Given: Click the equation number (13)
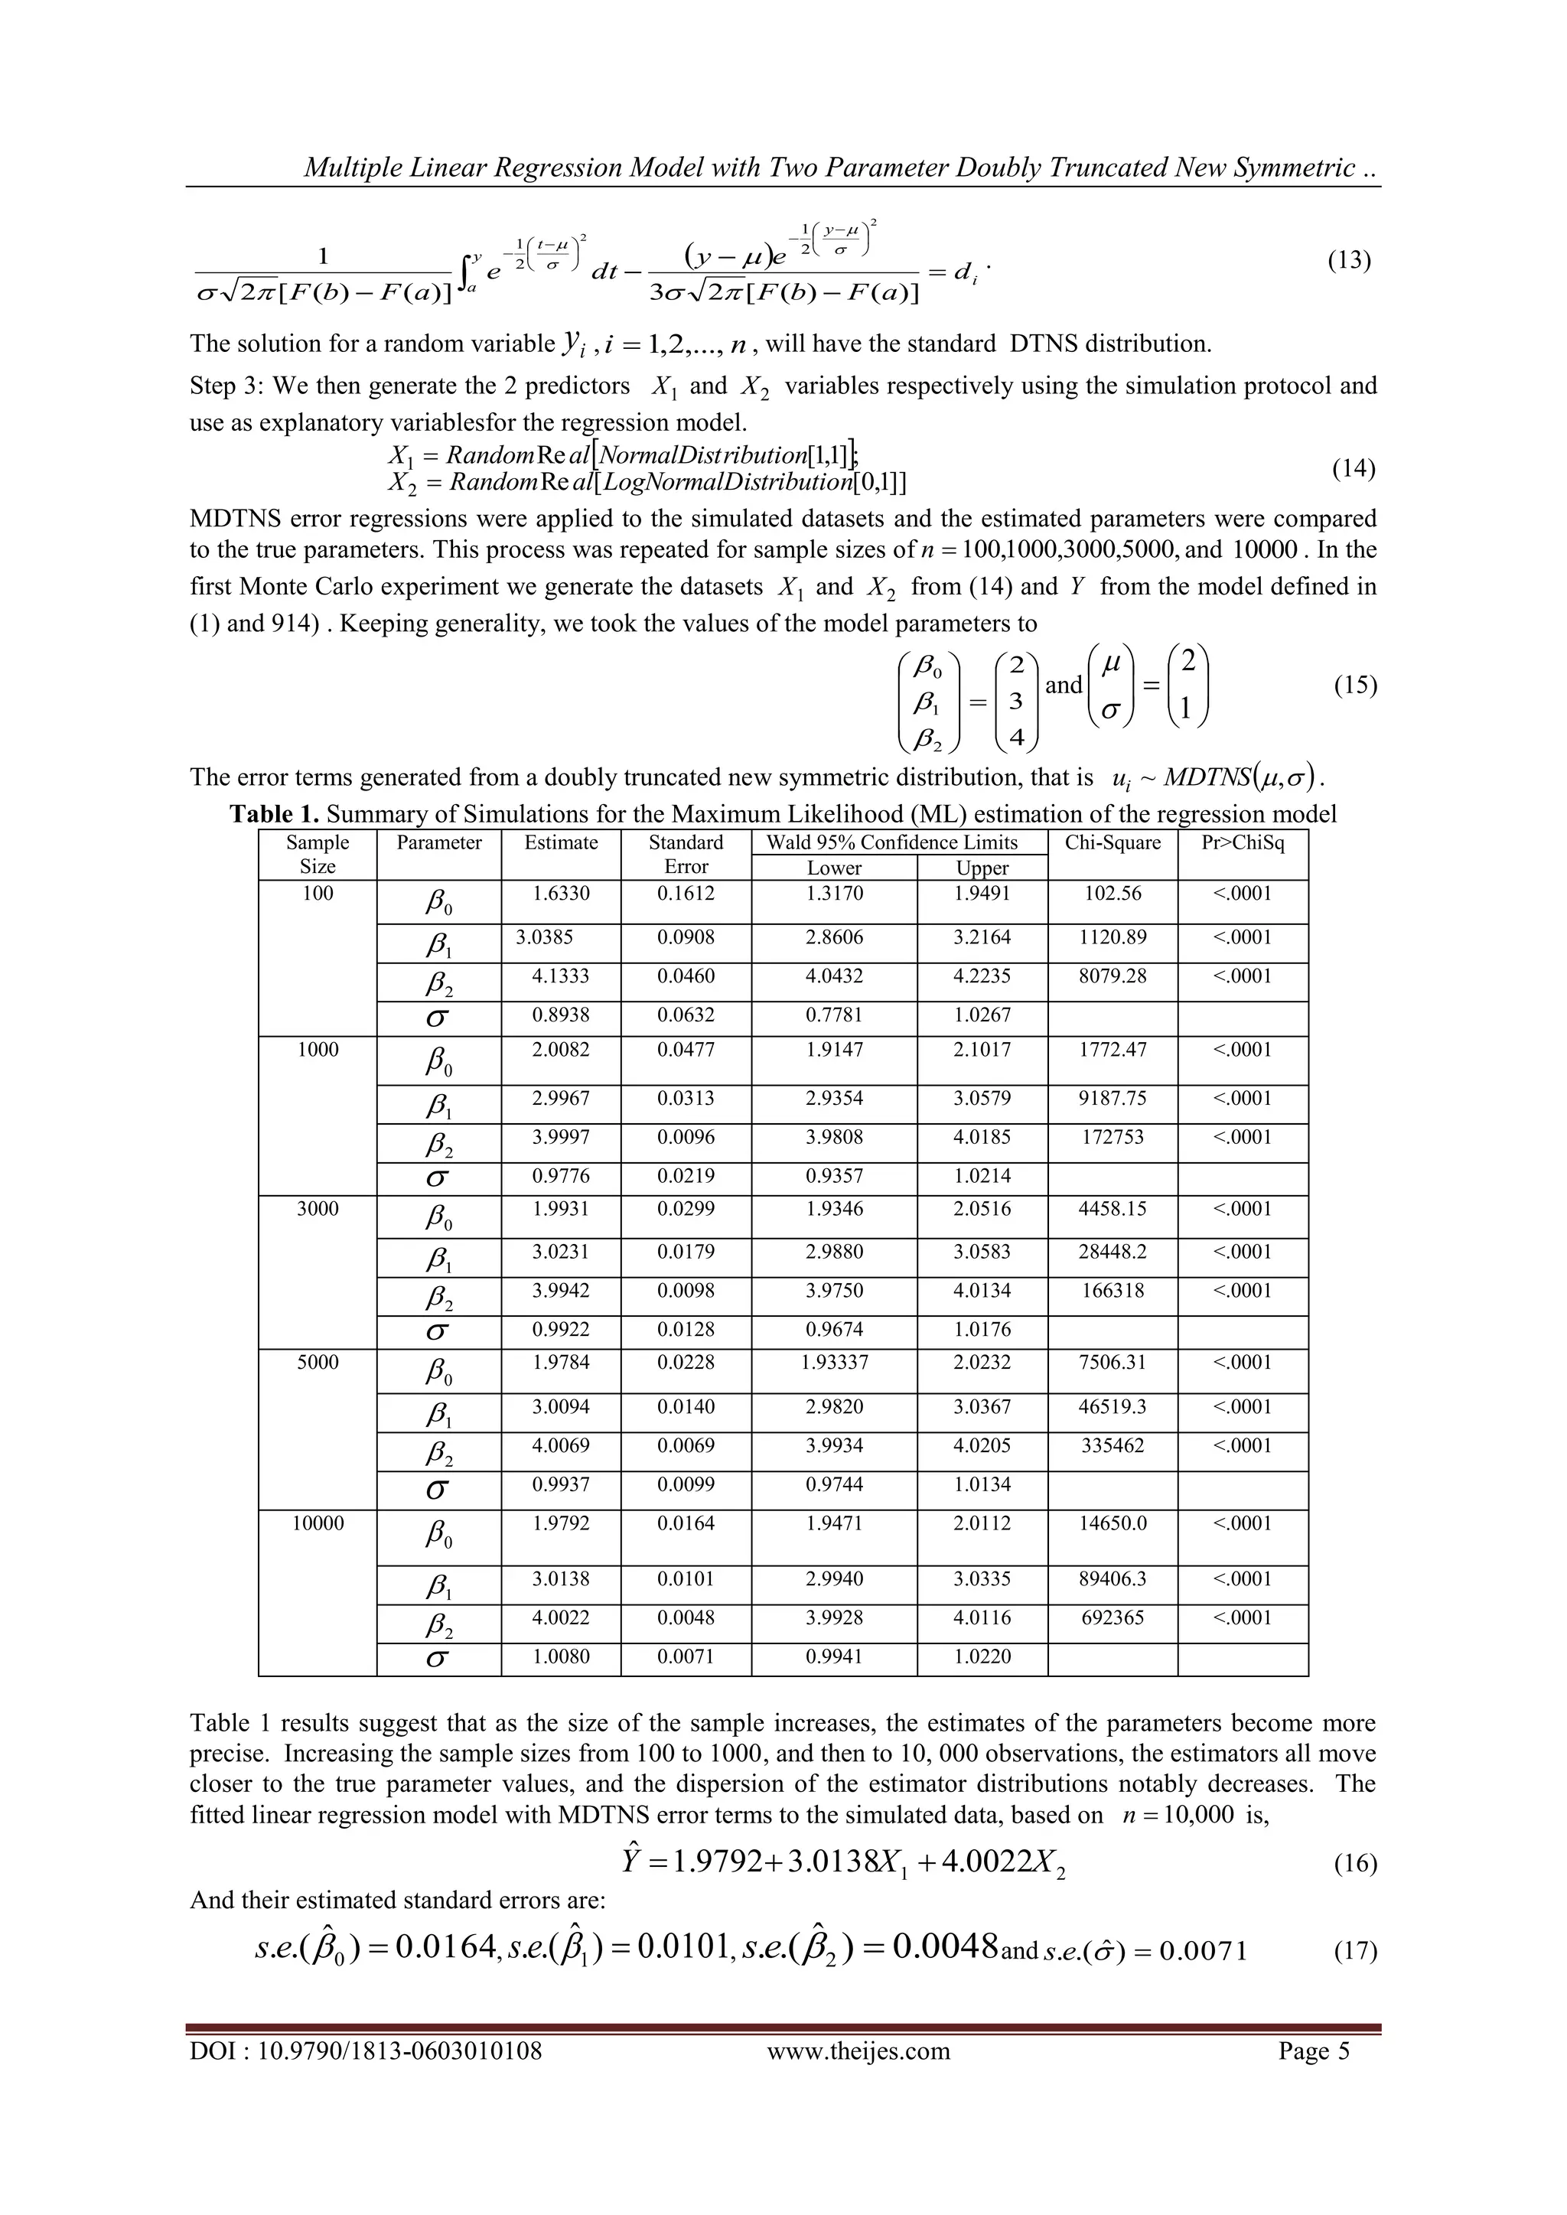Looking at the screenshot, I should pyautogui.click(x=1348, y=260).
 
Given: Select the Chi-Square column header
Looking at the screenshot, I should pyautogui.click(x=1112, y=842).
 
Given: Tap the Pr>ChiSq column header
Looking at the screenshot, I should pyautogui.click(x=1242, y=842).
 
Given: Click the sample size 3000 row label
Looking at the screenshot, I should pyautogui.click(x=318, y=1209).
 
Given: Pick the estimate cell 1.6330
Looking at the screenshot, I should pyautogui.click(x=561, y=894).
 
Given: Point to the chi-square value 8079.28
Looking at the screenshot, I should pyautogui.click(x=1112, y=976).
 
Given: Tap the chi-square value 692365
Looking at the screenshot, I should pyautogui.click(x=1112, y=1618).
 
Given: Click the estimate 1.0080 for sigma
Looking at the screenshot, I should pyautogui.click(x=561, y=1656).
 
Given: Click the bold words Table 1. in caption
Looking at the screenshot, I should pyautogui.click(x=273, y=814).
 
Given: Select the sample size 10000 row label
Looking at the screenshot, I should pyautogui.click(x=318, y=1523).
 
